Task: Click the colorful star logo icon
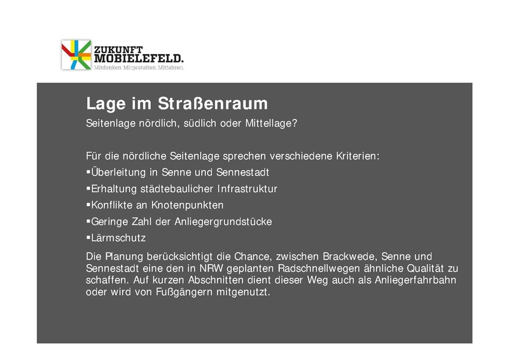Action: (76, 55)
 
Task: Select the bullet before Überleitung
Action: (87, 172)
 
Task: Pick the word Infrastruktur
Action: (248, 189)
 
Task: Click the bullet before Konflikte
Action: (87, 205)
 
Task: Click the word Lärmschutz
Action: (118, 239)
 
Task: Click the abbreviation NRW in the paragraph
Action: (217, 268)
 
